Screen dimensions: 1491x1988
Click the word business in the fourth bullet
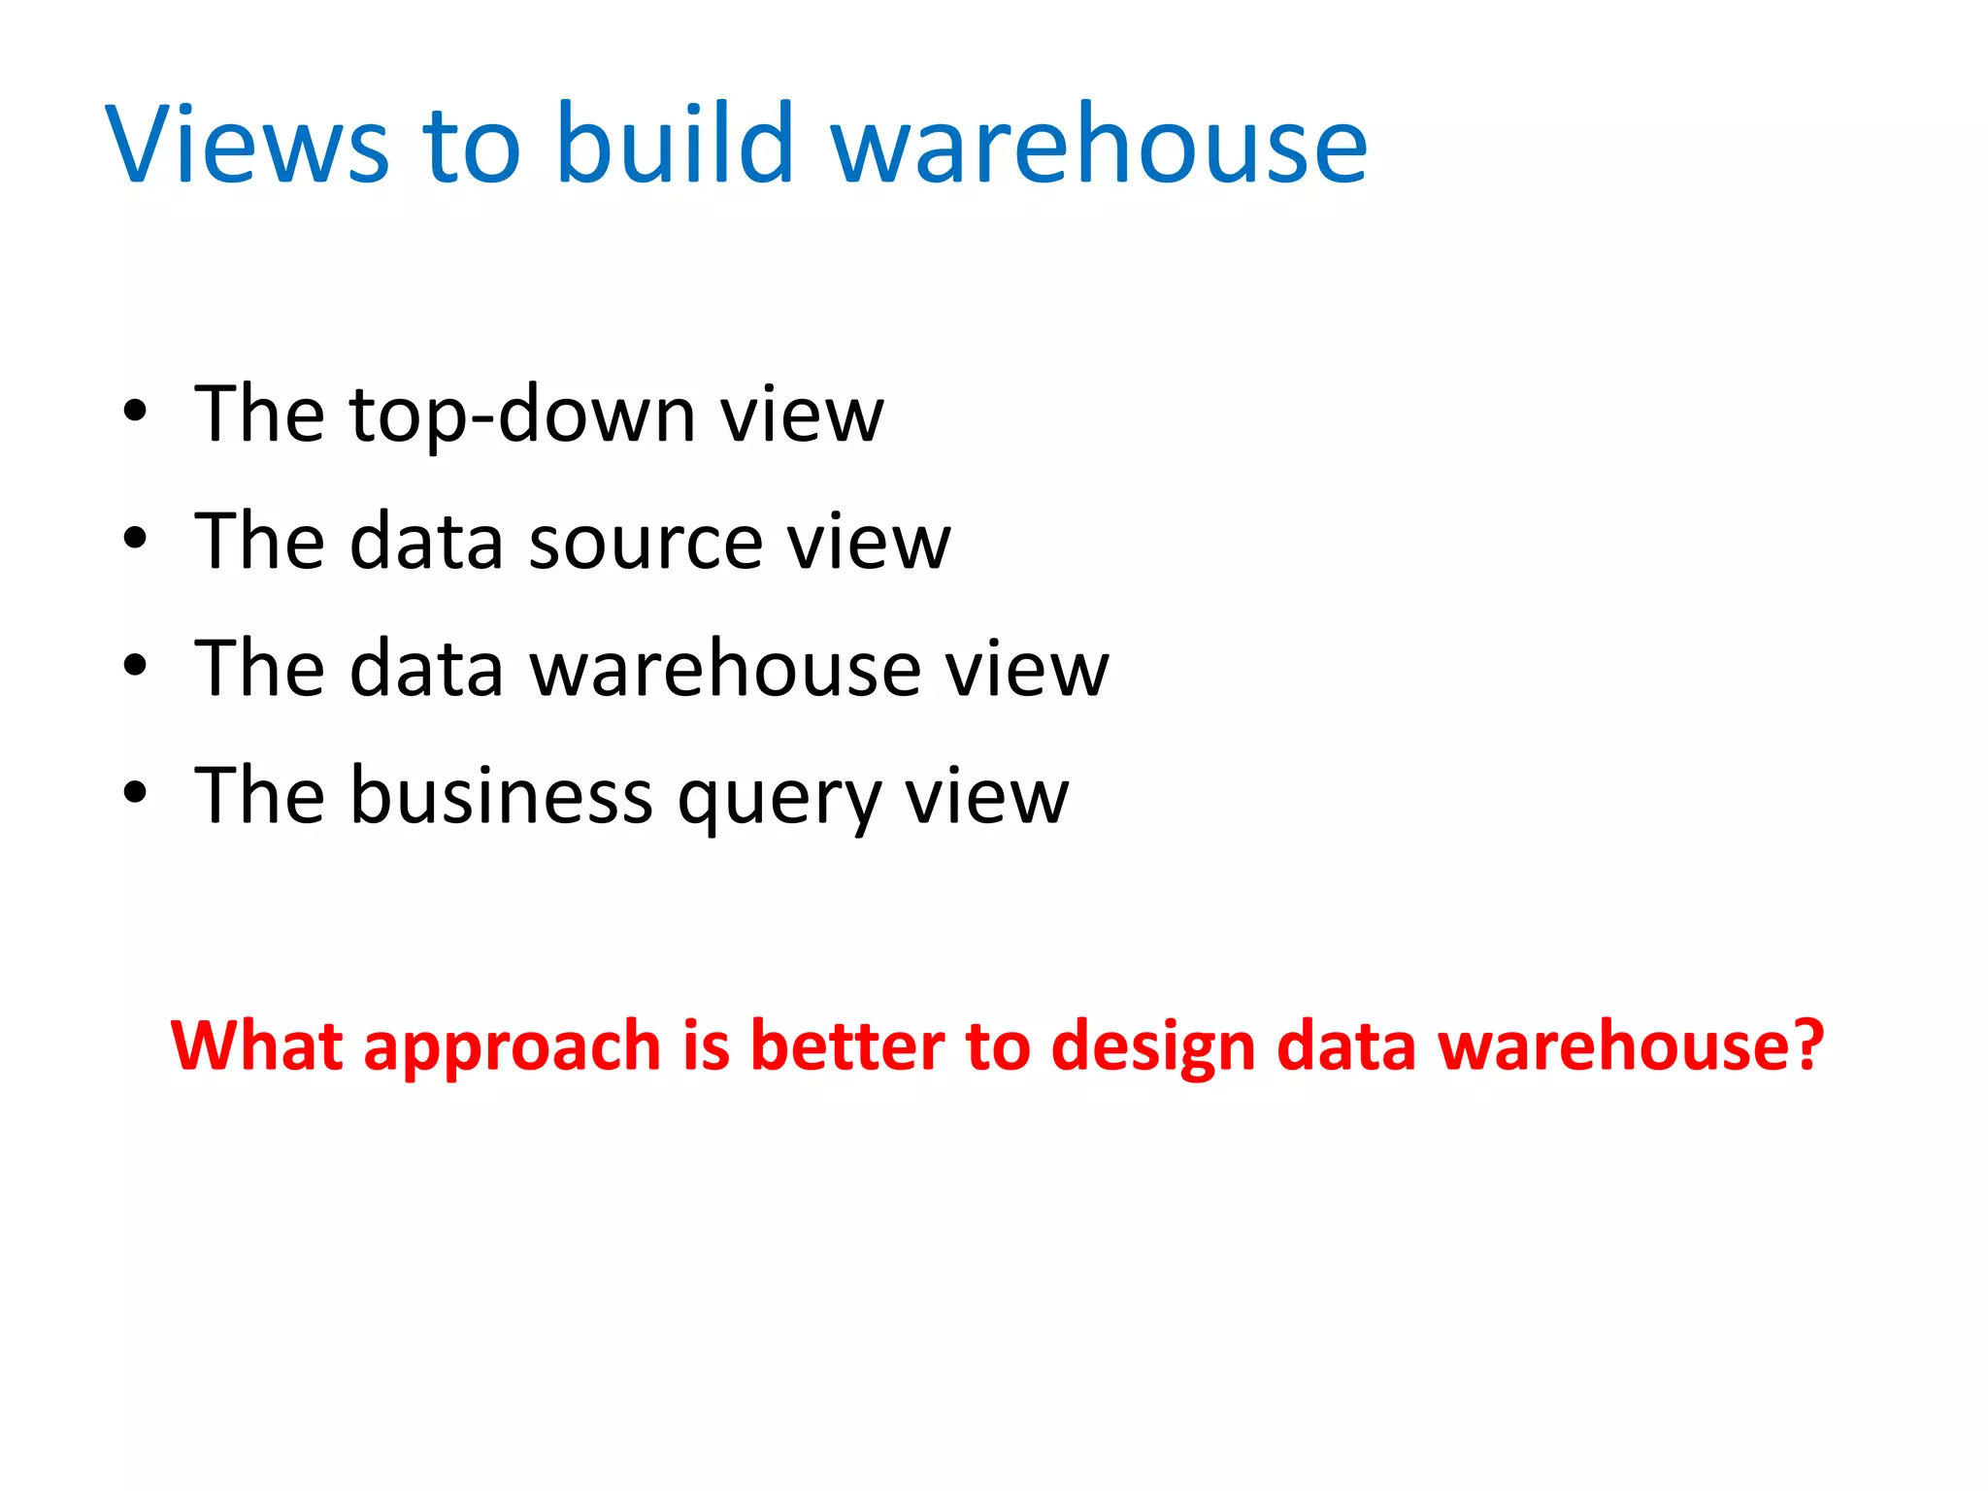point(501,796)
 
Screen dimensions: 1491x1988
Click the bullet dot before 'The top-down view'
point(135,412)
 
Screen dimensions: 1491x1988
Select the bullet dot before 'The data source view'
point(135,538)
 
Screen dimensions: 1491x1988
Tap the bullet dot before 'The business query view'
point(135,792)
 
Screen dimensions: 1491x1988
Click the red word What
point(256,1045)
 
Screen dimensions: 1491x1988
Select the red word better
point(846,1045)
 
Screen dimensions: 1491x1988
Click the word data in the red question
point(1346,1045)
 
